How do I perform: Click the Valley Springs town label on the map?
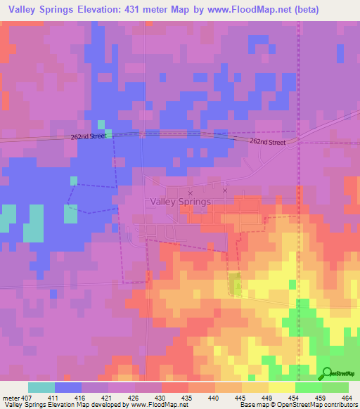coord(180,202)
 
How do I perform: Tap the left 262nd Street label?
coord(88,136)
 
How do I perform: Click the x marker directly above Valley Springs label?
coord(190,192)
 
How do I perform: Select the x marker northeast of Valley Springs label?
coord(225,190)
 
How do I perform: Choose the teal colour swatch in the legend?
coord(41,387)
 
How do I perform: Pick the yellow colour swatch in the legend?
coord(282,387)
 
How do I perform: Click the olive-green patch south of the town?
coord(235,285)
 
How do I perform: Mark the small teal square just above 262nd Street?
coord(99,123)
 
